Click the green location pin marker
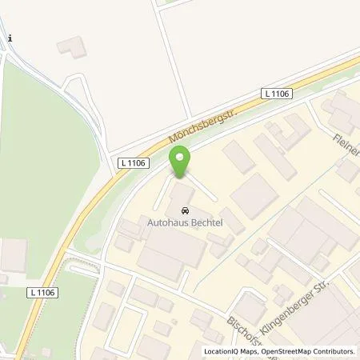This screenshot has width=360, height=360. point(180,162)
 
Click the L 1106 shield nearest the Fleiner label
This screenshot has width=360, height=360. point(277,94)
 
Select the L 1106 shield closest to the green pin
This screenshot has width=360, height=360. point(132,162)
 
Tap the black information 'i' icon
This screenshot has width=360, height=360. point(9,38)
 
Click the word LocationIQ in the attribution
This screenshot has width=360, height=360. point(221,351)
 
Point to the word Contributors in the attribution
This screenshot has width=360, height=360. point(334,351)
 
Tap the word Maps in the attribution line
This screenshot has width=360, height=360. point(248,351)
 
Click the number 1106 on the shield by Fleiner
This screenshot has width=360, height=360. point(281,94)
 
